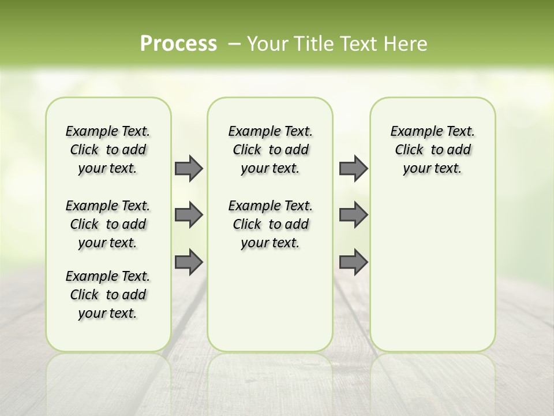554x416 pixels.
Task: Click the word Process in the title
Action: click(178, 44)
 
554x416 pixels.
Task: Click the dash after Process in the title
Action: click(234, 44)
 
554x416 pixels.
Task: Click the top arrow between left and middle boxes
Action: click(189, 168)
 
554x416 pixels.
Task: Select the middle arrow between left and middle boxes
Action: click(189, 215)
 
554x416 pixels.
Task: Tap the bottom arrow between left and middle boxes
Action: click(189, 262)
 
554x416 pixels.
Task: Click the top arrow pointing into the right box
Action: click(353, 168)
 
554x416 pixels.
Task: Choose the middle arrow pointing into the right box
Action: click(353, 215)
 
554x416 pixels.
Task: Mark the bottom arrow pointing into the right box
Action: click(353, 262)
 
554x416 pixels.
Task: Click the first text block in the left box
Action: click(108, 150)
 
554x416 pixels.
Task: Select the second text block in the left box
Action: click(108, 224)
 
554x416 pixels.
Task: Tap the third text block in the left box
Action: click(108, 295)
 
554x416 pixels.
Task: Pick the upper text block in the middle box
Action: click(270, 150)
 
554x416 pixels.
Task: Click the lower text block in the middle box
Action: click(270, 224)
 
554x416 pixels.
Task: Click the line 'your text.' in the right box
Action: click(432, 168)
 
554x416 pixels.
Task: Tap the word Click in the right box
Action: click(409, 150)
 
